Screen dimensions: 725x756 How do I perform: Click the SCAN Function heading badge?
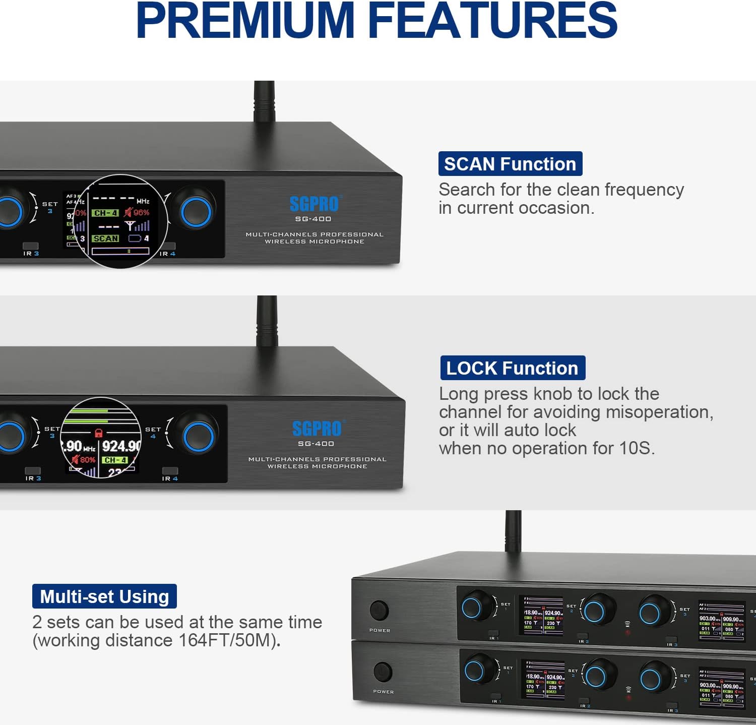coord(510,164)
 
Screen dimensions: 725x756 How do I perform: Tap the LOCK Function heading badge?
coord(512,368)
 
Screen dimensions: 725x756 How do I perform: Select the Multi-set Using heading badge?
coord(104,596)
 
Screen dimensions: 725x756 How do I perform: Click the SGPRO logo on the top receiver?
coord(314,204)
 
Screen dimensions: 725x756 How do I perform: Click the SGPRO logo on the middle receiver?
coord(317,429)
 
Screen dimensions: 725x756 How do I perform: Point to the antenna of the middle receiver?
coord(267,323)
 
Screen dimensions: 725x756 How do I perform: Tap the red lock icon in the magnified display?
coord(99,432)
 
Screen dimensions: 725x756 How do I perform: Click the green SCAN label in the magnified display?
coord(105,238)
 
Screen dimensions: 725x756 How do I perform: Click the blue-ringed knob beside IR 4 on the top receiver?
coord(196,212)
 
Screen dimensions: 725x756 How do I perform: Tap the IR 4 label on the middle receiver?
coord(169,478)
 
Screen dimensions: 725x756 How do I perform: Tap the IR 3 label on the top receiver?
coord(31,254)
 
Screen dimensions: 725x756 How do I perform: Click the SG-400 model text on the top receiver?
coord(313,219)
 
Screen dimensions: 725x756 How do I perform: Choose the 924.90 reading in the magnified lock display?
coord(121,446)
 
